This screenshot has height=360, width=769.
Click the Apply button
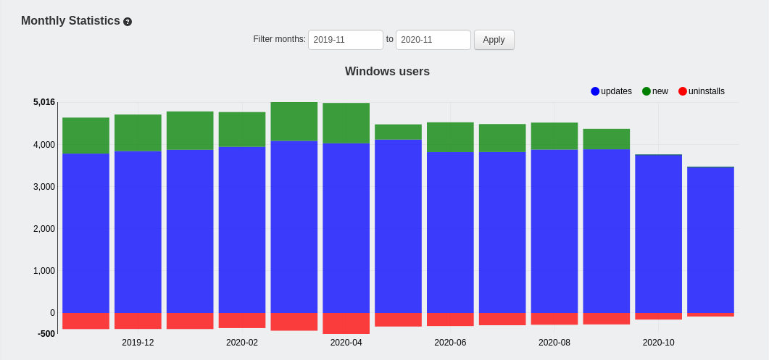pos(494,40)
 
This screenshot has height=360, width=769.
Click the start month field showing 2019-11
pos(345,40)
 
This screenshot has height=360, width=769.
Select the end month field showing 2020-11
pos(433,40)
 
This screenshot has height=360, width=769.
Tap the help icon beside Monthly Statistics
pos(128,22)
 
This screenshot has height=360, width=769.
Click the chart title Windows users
pos(387,71)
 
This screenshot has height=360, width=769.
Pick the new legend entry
pos(655,91)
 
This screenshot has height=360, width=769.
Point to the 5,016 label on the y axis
pos(44,102)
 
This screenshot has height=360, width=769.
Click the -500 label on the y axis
pos(46,334)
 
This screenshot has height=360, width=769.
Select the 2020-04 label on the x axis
pos(346,343)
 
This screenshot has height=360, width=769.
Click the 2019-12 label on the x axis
pos(138,343)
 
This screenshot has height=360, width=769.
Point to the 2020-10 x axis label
pos(658,343)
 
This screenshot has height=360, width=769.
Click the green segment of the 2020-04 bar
pos(346,122)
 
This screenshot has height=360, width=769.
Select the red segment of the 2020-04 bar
pos(346,323)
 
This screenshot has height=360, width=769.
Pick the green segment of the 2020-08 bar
pos(554,136)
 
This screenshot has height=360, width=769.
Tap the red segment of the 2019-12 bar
pos(138,321)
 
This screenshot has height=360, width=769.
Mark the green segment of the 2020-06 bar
pos(450,137)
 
